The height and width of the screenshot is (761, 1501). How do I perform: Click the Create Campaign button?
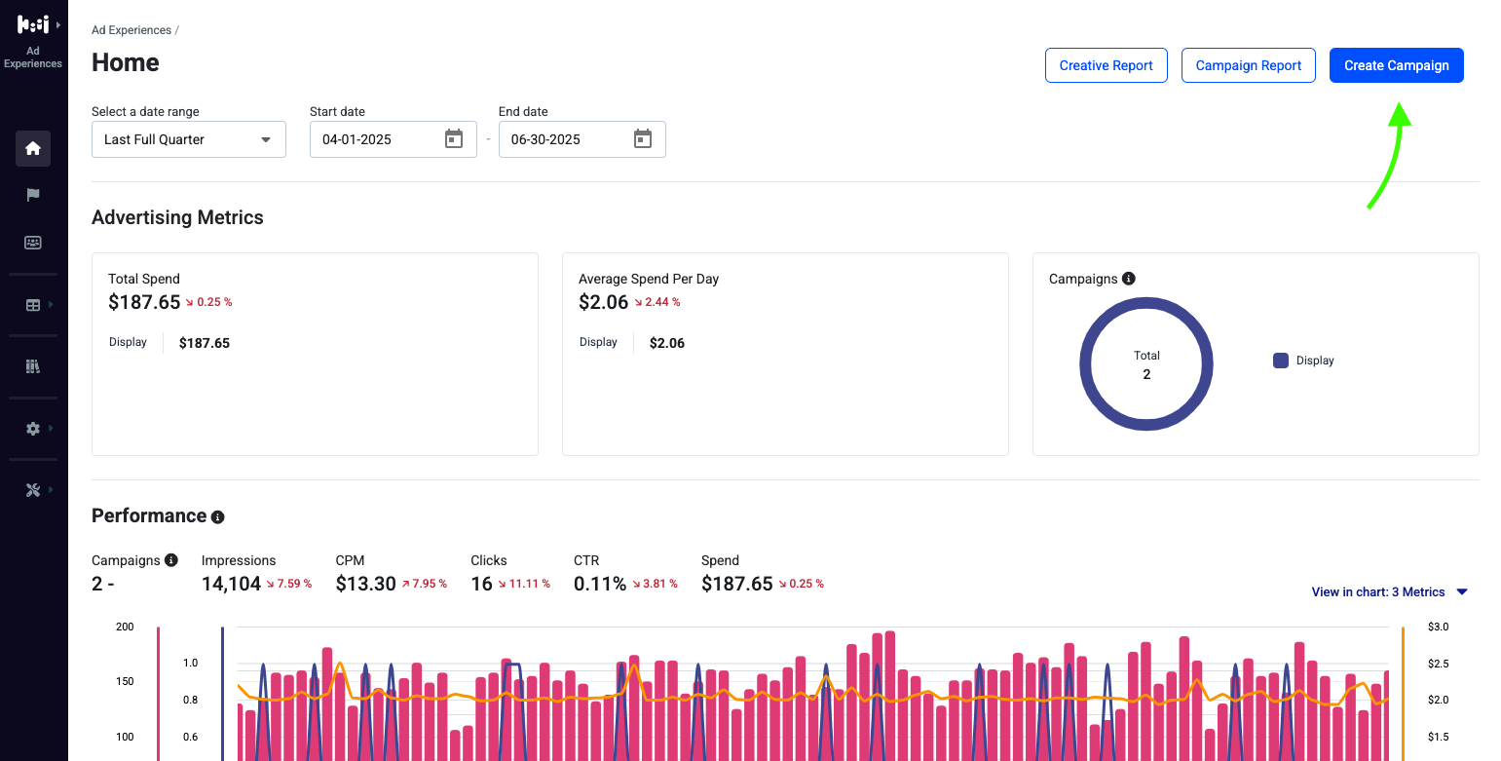coord(1396,65)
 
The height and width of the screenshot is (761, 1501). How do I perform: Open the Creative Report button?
coord(1106,65)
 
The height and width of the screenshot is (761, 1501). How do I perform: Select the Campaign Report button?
coord(1248,65)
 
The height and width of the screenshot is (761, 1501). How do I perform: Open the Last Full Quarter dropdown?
coord(188,139)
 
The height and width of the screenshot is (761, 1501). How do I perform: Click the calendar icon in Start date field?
coord(454,138)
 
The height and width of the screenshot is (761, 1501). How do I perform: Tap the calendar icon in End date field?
coord(643,138)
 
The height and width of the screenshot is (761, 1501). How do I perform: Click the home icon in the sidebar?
coord(33,148)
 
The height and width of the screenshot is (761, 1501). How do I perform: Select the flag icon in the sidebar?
coord(33,195)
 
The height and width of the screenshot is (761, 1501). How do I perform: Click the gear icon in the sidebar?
coord(33,429)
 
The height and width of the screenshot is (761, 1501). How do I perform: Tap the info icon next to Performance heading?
coord(218,517)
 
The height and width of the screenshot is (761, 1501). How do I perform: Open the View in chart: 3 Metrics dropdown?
coord(1389,592)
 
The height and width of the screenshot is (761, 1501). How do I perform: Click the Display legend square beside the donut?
coord(1281,361)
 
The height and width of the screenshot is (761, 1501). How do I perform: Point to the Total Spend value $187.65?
coord(144,302)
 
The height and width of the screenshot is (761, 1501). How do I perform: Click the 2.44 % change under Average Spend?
coord(657,302)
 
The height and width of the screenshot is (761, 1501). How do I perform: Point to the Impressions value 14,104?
coord(231,584)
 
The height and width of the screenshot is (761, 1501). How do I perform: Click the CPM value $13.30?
coord(366,584)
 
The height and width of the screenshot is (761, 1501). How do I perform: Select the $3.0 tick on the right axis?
coord(1438,627)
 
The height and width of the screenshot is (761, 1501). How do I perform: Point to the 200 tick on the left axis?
coord(125,627)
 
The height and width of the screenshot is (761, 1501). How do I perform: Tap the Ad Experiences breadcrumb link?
coord(131,30)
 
